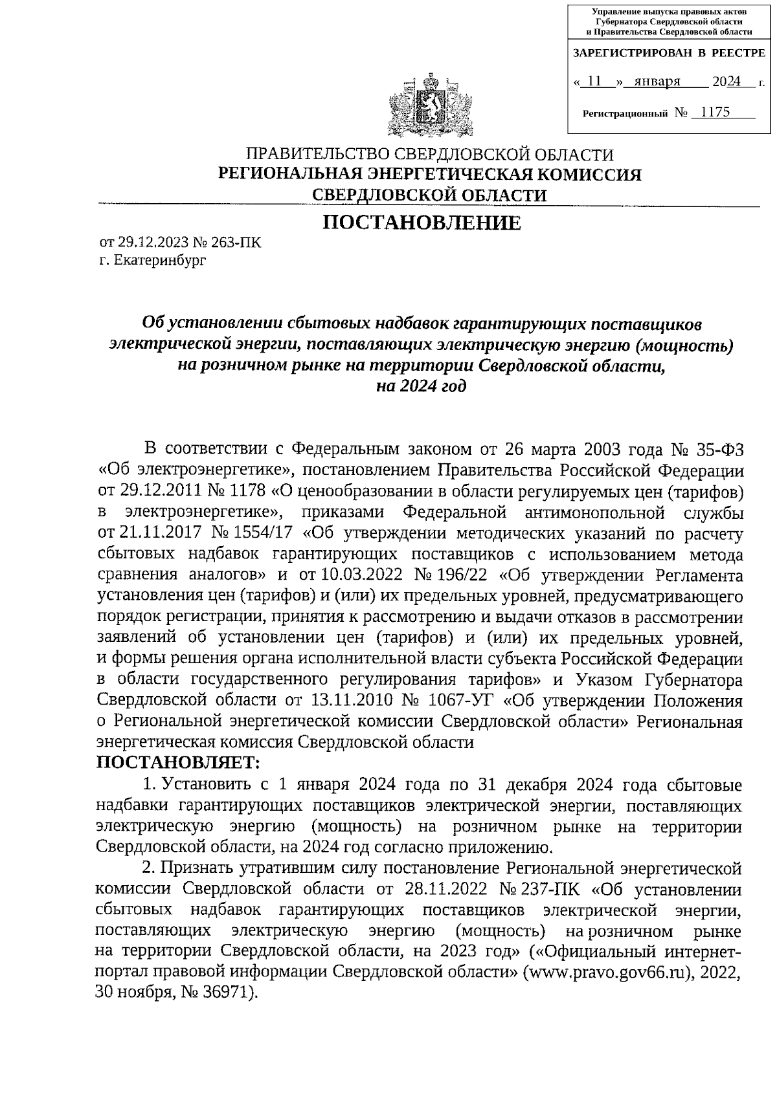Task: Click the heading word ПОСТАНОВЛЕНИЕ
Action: pos(422,223)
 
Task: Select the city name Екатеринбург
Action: pos(159,261)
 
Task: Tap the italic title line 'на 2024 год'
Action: pos(422,386)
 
